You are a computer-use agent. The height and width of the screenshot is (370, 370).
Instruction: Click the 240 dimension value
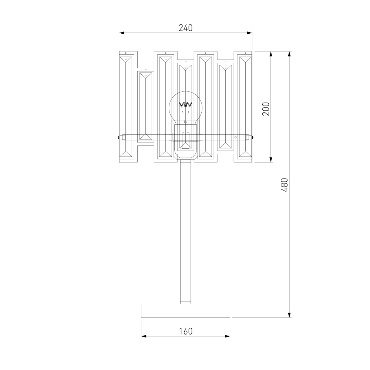click(x=185, y=28)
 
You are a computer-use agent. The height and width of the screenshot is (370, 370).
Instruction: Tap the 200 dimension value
click(x=266, y=109)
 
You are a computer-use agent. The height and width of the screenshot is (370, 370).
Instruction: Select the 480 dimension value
click(x=285, y=185)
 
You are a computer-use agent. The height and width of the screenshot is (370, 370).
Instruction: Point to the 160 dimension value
click(x=186, y=331)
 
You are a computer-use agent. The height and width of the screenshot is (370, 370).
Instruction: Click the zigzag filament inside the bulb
click(x=186, y=104)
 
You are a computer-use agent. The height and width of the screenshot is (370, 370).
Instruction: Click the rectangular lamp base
click(x=185, y=311)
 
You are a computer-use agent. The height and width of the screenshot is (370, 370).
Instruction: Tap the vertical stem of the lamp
click(x=186, y=232)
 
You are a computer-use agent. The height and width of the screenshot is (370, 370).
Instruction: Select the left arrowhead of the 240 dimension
click(x=121, y=33)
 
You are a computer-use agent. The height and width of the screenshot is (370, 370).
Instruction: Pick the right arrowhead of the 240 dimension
click(x=250, y=33)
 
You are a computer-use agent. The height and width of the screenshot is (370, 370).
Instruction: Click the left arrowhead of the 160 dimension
click(x=144, y=336)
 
